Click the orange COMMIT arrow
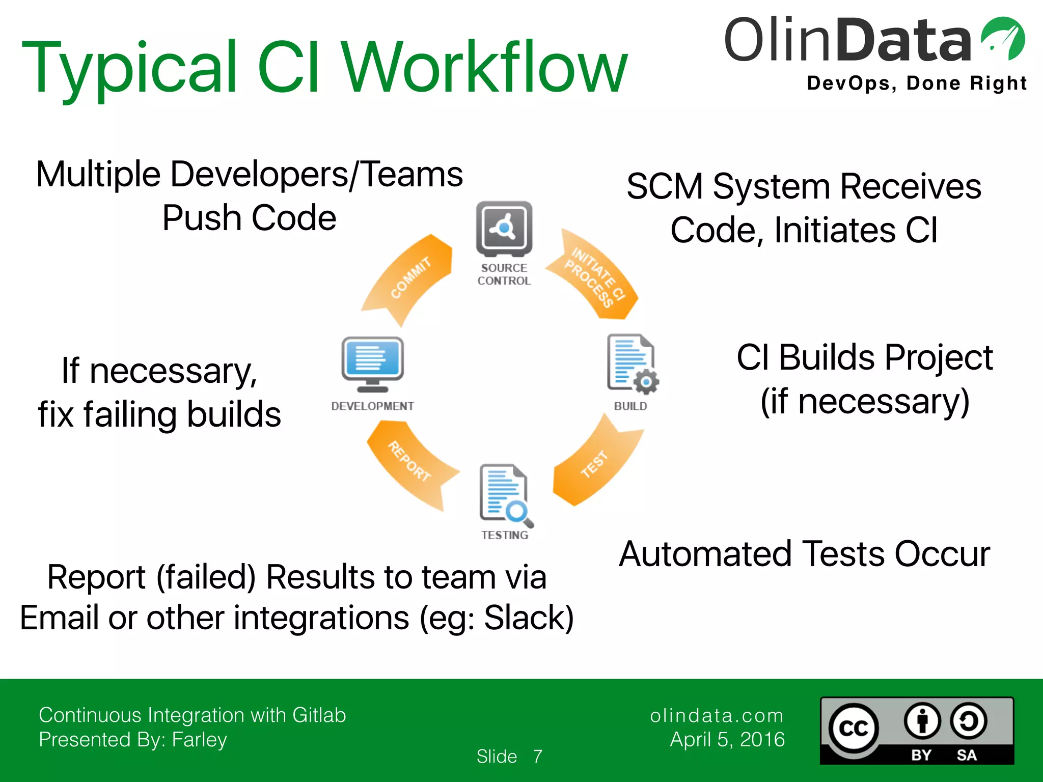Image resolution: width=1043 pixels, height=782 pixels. tap(410, 277)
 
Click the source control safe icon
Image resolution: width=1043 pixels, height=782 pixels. tap(504, 229)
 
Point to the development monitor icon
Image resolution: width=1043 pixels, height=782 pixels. tap(373, 362)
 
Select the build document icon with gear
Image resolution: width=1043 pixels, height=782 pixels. tap(632, 364)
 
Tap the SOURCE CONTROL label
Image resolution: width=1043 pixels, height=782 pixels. tap(504, 274)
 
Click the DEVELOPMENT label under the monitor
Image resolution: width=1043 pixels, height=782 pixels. tap(372, 406)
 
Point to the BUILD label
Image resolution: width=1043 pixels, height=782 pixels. tap(630, 406)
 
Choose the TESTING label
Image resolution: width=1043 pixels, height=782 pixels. tap(505, 535)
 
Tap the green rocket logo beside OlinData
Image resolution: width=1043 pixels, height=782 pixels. tap(1003, 39)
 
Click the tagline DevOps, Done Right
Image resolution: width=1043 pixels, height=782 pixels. tap(917, 83)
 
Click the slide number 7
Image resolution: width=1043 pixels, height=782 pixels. tap(538, 757)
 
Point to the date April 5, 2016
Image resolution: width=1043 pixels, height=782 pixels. tap(727, 739)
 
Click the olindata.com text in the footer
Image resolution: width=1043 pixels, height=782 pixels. tap(717, 716)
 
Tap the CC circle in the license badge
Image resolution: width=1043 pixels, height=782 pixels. tap(854, 729)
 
